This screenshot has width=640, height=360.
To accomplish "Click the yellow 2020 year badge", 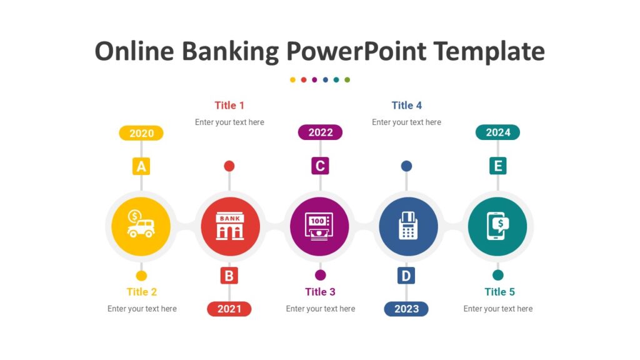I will pyautogui.click(x=141, y=133).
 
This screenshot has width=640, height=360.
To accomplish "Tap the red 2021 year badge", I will pyautogui.click(x=229, y=309).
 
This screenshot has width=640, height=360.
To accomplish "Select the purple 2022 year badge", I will pyautogui.click(x=320, y=132).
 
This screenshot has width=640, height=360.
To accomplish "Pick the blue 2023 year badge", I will pyautogui.click(x=406, y=309).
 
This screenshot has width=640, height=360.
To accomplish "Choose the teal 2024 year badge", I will pyautogui.click(x=497, y=132).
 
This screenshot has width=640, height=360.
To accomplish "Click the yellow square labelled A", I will pyautogui.click(x=141, y=166).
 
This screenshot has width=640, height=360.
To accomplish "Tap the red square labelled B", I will pyautogui.click(x=229, y=276).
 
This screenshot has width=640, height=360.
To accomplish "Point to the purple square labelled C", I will pyautogui.click(x=320, y=166).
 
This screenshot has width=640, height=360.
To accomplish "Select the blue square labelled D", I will pyautogui.click(x=406, y=276).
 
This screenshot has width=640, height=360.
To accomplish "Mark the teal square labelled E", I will pyautogui.click(x=497, y=166).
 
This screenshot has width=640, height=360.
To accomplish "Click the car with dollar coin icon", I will pyautogui.click(x=141, y=225).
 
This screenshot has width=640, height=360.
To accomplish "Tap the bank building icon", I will pyautogui.click(x=229, y=226).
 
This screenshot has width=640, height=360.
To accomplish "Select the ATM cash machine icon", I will pyautogui.click(x=319, y=226).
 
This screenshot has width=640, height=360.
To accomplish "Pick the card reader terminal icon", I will pyautogui.click(x=407, y=226).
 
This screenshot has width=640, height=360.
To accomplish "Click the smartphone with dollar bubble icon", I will pyautogui.click(x=497, y=226).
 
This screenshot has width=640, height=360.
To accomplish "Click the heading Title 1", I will pyautogui.click(x=229, y=106).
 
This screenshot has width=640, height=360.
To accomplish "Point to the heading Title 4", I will pyautogui.click(x=406, y=106).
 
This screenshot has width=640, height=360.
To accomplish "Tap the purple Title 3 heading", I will pyautogui.click(x=320, y=292).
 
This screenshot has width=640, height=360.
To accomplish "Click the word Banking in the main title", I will pyautogui.click(x=231, y=52).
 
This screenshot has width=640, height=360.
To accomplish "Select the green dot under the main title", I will pyautogui.click(x=347, y=80).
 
